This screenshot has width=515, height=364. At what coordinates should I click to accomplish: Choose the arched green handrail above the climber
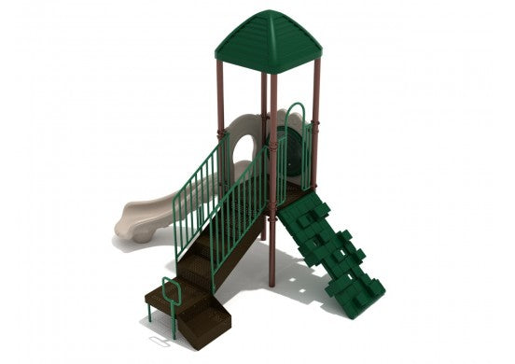click(x=296, y=117)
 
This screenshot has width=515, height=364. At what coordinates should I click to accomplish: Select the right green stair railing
click(x=242, y=210)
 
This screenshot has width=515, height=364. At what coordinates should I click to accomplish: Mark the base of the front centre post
click(x=271, y=282)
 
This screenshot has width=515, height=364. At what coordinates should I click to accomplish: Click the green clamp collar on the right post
click(x=316, y=119)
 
